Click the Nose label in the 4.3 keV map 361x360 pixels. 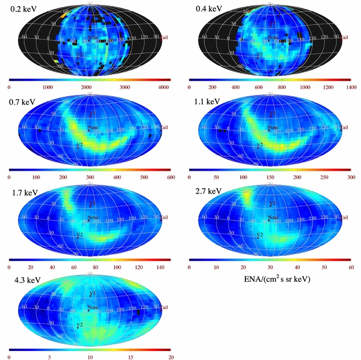pyautogui.click(x=93, y=308)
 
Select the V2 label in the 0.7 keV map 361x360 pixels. pyautogui.click(x=79, y=145)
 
